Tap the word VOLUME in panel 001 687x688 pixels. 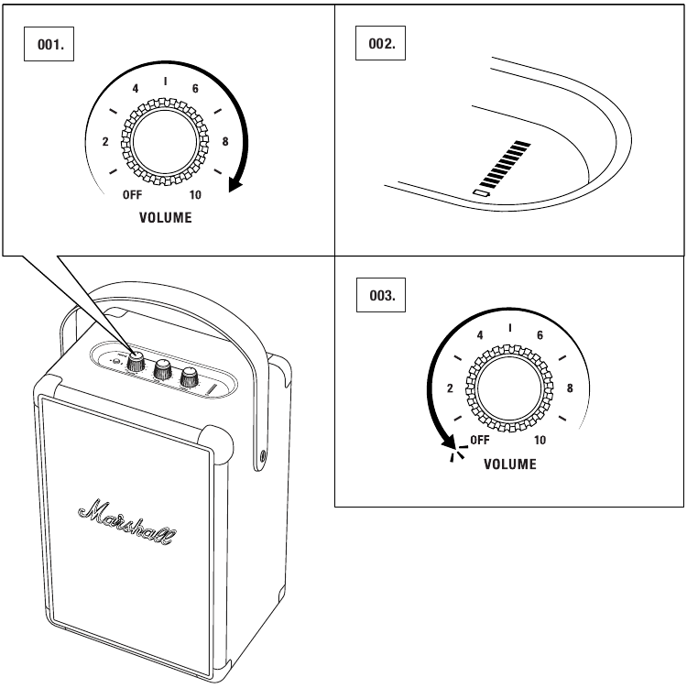coord(166,218)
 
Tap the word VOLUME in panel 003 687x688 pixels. coord(510,464)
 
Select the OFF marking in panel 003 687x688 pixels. coord(480,440)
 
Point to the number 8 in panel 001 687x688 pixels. coord(225,141)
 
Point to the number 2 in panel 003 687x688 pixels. coord(450,388)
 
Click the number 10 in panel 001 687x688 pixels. coord(196,195)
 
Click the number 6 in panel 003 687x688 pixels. coord(540,335)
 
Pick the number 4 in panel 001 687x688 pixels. coord(136,89)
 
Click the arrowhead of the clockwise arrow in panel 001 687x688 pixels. coord(235,186)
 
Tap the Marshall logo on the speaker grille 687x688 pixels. coord(128,523)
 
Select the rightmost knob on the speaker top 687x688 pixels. coord(190,376)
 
